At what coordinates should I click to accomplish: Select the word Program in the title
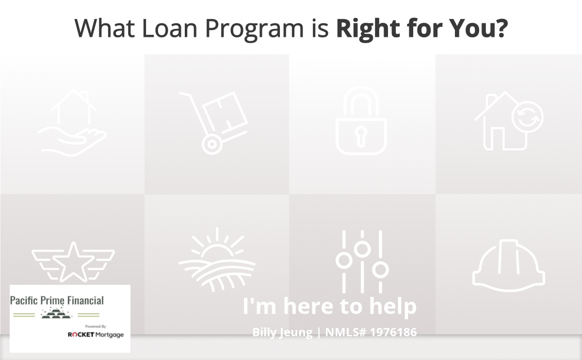[254, 30]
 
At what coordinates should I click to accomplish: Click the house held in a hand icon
[72, 122]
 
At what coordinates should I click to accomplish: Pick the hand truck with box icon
[213, 123]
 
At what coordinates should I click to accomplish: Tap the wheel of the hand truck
[212, 144]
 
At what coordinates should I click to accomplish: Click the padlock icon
[361, 121]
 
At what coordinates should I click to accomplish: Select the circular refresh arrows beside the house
[528, 117]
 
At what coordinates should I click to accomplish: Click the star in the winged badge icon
[73, 262]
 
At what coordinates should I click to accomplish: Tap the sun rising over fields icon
[217, 260]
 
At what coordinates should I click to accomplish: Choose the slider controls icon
[362, 262]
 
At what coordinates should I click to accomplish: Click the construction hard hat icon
[508, 265]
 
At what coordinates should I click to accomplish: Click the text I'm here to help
[329, 307]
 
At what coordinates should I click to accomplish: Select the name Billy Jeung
[282, 332]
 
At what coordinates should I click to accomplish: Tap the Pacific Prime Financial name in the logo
[57, 300]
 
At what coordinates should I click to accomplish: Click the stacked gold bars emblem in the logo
[56, 313]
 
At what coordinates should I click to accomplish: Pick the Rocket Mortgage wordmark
[96, 334]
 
